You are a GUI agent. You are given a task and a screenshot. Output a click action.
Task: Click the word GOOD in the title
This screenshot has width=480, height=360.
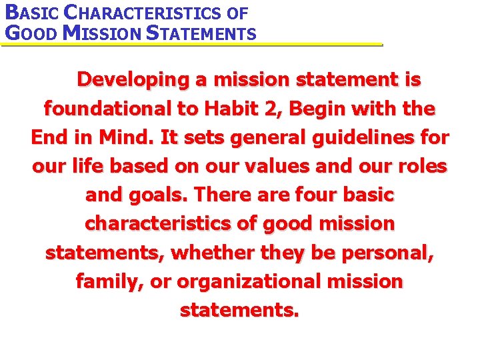click(30, 33)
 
